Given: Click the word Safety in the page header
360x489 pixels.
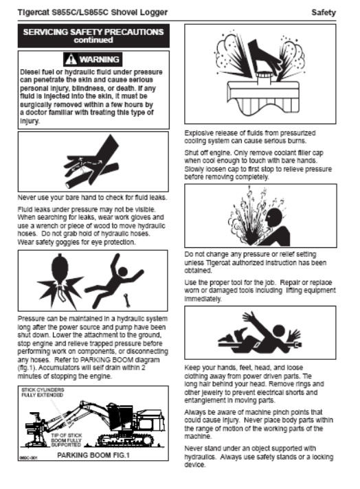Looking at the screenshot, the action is (x=324, y=12).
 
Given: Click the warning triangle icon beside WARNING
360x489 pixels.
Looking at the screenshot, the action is (x=71, y=59).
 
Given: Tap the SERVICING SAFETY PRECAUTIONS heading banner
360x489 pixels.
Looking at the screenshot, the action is (x=93, y=36).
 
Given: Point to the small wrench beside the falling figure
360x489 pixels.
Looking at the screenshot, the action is (x=127, y=301).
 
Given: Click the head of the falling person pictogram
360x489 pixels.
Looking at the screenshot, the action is (x=123, y=271).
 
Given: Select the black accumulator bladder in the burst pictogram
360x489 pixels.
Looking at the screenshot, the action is (x=60, y=269).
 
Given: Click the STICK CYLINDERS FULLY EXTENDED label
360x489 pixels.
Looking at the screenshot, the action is (x=43, y=392).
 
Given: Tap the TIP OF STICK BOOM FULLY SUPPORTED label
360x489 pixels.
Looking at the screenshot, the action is (x=67, y=440).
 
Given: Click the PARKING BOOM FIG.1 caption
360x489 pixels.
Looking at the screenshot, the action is (x=93, y=455).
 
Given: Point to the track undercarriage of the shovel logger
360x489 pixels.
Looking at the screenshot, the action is (x=126, y=440).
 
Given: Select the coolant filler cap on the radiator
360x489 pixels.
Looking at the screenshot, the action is (x=264, y=78).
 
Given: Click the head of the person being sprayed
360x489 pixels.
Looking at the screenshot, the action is (x=275, y=218).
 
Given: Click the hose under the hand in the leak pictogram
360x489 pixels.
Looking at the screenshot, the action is (x=92, y=176).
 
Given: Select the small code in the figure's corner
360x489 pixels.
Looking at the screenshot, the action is (x=29, y=457).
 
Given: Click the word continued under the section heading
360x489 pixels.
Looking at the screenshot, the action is (x=93, y=41).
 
